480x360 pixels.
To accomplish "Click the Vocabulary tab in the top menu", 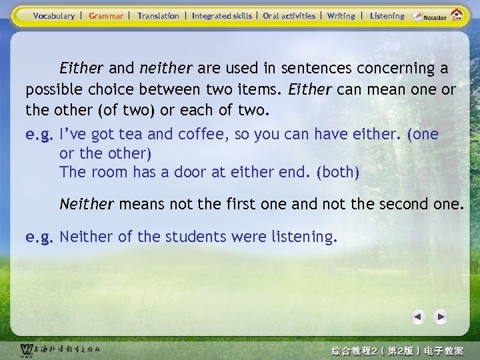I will coord(54,16).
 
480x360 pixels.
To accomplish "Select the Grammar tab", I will coord(106,16).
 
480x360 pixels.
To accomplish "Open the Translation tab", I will coord(158,16).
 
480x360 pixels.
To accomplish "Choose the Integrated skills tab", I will coord(222,16).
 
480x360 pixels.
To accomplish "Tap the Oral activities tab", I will coord(289,16).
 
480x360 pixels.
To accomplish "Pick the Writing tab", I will coord(341,16).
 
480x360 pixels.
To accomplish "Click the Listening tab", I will coord(387,16).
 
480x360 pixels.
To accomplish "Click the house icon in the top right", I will coord(457,15).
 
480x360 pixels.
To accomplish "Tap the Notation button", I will coord(430,16).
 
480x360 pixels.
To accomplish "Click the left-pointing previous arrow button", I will coord(418,317).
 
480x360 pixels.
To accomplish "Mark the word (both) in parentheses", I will coord(339,172).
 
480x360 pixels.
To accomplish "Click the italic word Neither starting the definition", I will coord(87,203).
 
